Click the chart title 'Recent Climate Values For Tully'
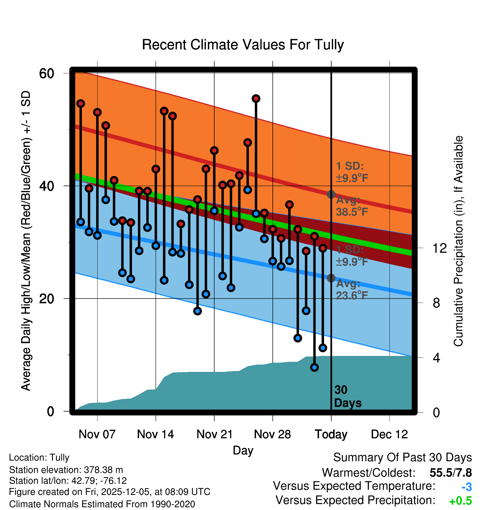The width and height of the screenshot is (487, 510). coord(243,45)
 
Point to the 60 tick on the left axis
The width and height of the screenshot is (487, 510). coord(47,74)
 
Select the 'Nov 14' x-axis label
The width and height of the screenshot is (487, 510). coord(155,434)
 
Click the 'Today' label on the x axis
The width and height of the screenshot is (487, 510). coord(331,434)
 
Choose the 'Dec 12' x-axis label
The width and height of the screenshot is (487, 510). coord(389,434)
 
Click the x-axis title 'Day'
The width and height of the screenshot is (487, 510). coord(243,450)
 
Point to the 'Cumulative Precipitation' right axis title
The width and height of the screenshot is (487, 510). coord(458,241)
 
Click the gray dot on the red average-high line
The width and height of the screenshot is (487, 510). coord(331,194)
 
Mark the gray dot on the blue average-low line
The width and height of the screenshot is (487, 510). coord(331,278)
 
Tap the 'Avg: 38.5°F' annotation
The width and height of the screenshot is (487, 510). coord(352,206)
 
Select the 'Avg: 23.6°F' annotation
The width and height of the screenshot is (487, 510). coord(352,290)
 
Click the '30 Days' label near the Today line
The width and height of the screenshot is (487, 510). coord(347,396)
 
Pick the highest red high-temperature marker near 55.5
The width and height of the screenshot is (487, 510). coord(256,98)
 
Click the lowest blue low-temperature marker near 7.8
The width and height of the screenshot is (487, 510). coord(315,367)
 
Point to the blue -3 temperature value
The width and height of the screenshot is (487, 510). coord(467,487)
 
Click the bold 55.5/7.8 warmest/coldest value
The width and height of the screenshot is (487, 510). coord(451,473)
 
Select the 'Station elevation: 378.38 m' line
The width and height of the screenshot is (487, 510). coord(66,470)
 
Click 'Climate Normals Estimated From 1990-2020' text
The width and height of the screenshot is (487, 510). coord(102,504)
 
